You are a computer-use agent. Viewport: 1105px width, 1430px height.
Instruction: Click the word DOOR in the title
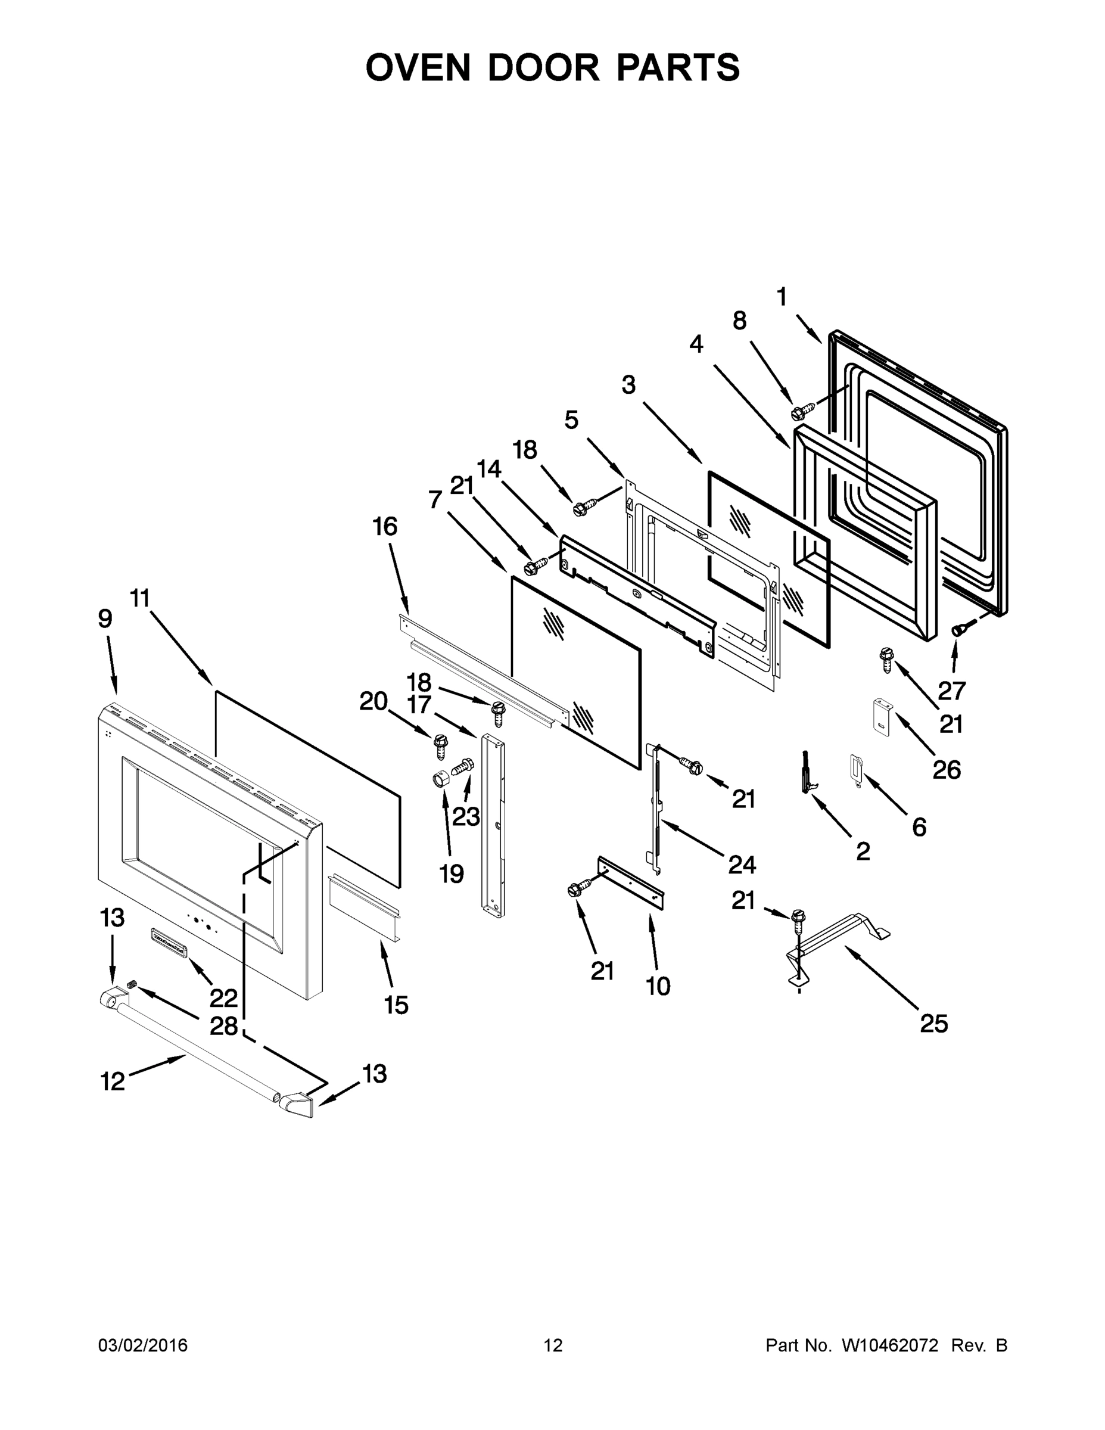coord(543,67)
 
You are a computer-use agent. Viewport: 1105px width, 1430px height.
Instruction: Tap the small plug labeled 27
coord(958,629)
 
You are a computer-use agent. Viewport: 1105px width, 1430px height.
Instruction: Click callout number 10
coord(658,986)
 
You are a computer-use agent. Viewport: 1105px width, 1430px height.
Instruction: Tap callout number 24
coord(742,865)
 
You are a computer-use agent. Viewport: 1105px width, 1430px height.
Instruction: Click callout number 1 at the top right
coord(782,297)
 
